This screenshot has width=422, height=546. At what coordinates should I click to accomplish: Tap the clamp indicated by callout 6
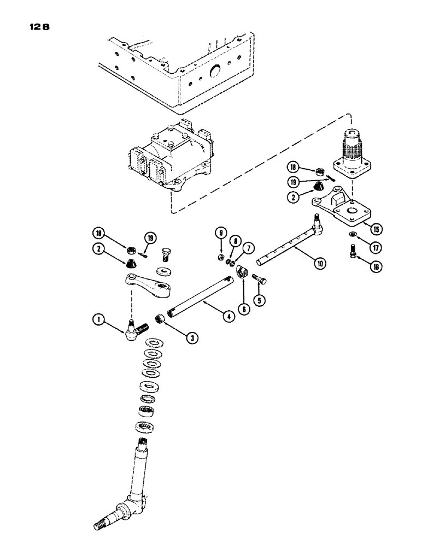pos(242,271)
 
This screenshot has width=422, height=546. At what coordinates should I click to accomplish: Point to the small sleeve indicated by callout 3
pos(161,317)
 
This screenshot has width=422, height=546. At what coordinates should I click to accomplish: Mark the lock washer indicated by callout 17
pos(353,235)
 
